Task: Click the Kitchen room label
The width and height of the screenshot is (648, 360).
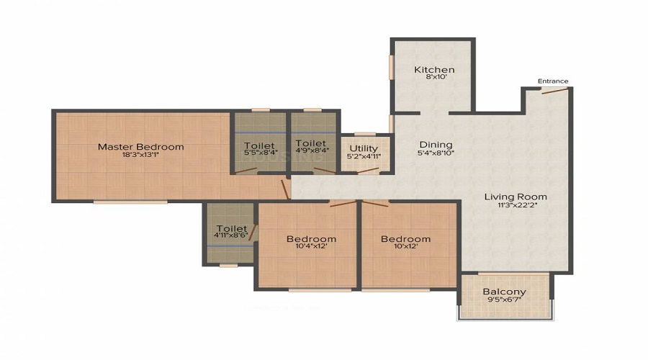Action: [434, 70]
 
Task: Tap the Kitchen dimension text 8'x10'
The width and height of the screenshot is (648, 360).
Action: [434, 79]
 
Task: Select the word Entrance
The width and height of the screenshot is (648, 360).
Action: [553, 81]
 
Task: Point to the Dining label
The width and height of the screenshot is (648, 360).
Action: [436, 144]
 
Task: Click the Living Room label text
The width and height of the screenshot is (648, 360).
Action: [515, 197]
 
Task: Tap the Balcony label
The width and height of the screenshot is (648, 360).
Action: [504, 292]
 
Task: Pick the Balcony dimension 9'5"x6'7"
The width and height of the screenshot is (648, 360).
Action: [504, 302]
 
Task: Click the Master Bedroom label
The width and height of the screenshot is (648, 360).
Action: [140, 147]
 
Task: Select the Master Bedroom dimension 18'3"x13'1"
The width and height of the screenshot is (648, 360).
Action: [140, 156]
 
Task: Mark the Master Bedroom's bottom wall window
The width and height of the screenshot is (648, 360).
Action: [130, 202]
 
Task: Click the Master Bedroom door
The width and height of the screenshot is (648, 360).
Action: [287, 189]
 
